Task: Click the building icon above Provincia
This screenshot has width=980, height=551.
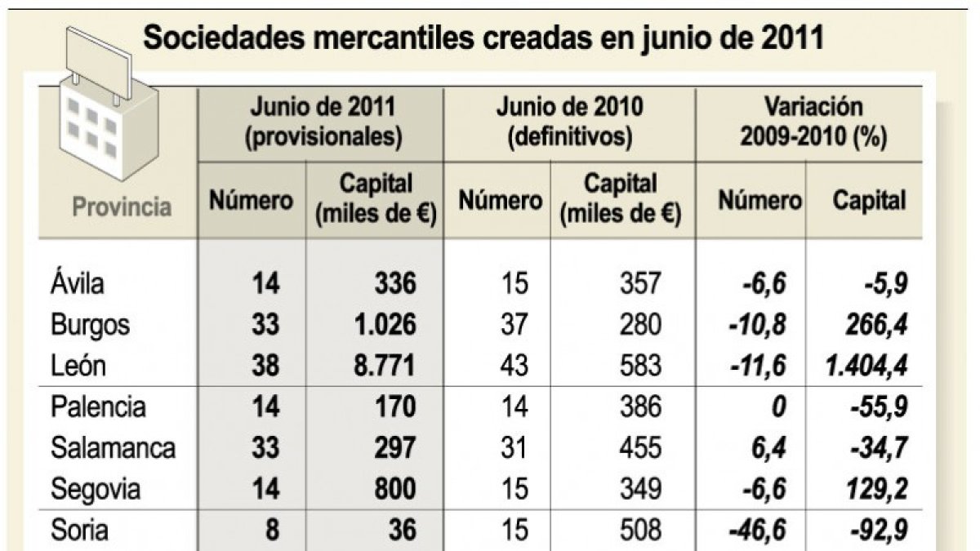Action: (x=109, y=105)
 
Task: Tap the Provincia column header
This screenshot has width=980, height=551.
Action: (x=122, y=207)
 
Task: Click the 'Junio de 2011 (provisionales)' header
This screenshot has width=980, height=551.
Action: (x=323, y=122)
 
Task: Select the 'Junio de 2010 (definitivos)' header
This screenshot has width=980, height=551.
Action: (x=570, y=122)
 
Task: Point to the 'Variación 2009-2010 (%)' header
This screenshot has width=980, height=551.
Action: (x=813, y=122)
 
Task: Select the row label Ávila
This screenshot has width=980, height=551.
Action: (x=78, y=282)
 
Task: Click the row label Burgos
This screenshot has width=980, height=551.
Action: (x=90, y=326)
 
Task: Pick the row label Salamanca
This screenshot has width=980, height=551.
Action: (x=113, y=448)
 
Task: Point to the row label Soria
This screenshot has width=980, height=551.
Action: (x=79, y=530)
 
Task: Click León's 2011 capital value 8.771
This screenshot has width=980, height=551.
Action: (x=384, y=366)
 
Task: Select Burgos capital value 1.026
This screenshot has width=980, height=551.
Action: (x=385, y=325)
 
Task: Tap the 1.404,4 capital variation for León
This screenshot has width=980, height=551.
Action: (x=866, y=366)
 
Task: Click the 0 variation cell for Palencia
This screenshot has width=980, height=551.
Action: (x=778, y=407)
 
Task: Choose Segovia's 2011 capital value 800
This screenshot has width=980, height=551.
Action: (x=395, y=489)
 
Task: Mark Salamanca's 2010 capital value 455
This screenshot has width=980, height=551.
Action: (x=640, y=448)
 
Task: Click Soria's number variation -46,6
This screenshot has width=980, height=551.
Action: (x=757, y=530)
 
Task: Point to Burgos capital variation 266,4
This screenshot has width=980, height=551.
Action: (x=877, y=325)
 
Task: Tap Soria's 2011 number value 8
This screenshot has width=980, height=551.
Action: (x=272, y=530)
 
